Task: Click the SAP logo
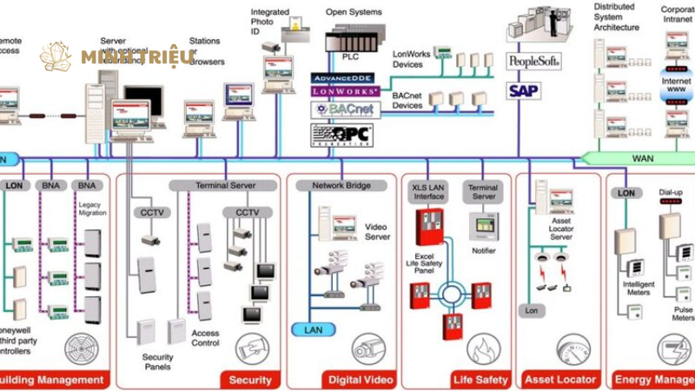click(x=524, y=89)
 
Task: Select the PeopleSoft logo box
click(x=533, y=61)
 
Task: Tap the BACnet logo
click(x=345, y=109)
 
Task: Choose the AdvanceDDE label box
click(x=345, y=78)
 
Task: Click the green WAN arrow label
click(x=643, y=158)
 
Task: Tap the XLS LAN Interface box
click(x=428, y=191)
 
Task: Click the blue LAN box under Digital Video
click(x=313, y=330)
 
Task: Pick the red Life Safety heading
click(x=480, y=380)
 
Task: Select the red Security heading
click(x=250, y=380)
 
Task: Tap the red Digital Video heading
click(x=356, y=380)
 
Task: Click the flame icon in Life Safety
click(x=483, y=348)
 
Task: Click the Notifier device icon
click(x=483, y=228)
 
